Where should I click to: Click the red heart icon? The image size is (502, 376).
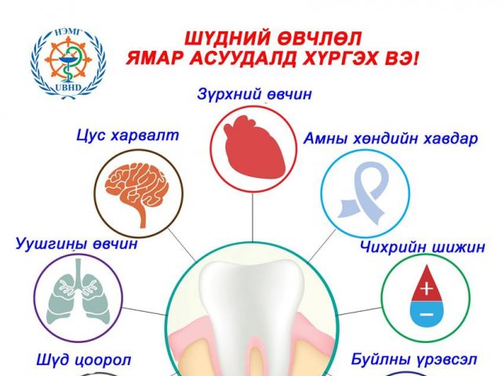[254, 148]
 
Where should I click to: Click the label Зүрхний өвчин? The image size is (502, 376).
[254, 95]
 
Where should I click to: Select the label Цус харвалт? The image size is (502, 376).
[127, 136]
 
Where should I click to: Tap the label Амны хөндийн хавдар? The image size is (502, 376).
[391, 139]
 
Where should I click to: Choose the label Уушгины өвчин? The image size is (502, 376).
[77, 244]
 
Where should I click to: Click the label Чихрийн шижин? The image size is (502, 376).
[423, 247]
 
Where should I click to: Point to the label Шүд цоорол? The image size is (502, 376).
[84, 360]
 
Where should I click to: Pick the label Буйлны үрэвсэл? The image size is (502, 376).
[414, 360]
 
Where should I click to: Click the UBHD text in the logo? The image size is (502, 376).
[68, 89]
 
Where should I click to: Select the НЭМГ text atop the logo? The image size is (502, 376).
[69, 32]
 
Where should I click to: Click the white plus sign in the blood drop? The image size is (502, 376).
[427, 289]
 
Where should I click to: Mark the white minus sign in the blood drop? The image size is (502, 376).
[427, 315]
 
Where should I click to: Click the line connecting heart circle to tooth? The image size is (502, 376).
[253, 217]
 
